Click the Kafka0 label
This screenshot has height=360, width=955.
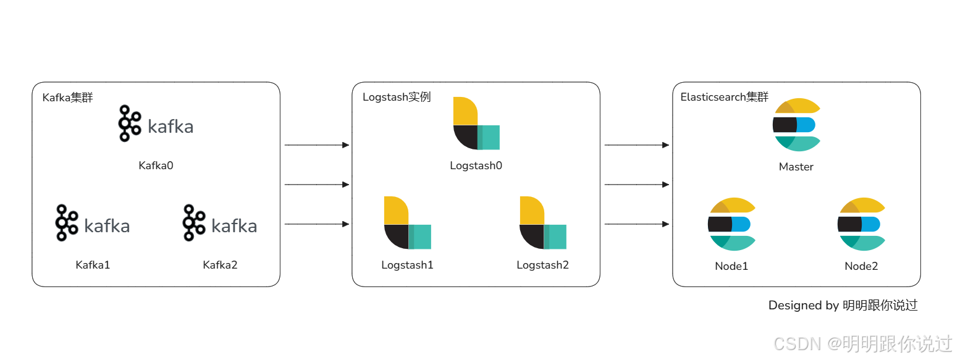(156, 165)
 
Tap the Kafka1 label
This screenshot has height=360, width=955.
(93, 265)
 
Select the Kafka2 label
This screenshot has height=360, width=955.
(220, 265)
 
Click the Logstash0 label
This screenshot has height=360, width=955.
(476, 165)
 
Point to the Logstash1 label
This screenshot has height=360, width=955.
(407, 265)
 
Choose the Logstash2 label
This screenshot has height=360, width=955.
(542, 265)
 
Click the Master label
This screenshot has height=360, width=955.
(796, 167)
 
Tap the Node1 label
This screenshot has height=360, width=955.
(731, 266)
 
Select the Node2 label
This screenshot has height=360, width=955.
(861, 266)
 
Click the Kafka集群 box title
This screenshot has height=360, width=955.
(67, 98)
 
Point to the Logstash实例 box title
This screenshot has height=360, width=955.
(396, 98)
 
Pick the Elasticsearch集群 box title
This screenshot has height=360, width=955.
(724, 98)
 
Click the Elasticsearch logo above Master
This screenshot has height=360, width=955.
(796, 125)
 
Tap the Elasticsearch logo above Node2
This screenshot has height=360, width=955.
(861, 224)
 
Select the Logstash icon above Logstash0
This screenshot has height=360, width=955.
(476, 123)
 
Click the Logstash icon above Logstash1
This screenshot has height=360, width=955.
(407, 223)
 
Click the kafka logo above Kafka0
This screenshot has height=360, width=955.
(156, 124)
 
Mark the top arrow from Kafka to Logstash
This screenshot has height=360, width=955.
(316, 145)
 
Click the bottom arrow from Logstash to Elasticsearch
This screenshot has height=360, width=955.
(636, 224)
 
